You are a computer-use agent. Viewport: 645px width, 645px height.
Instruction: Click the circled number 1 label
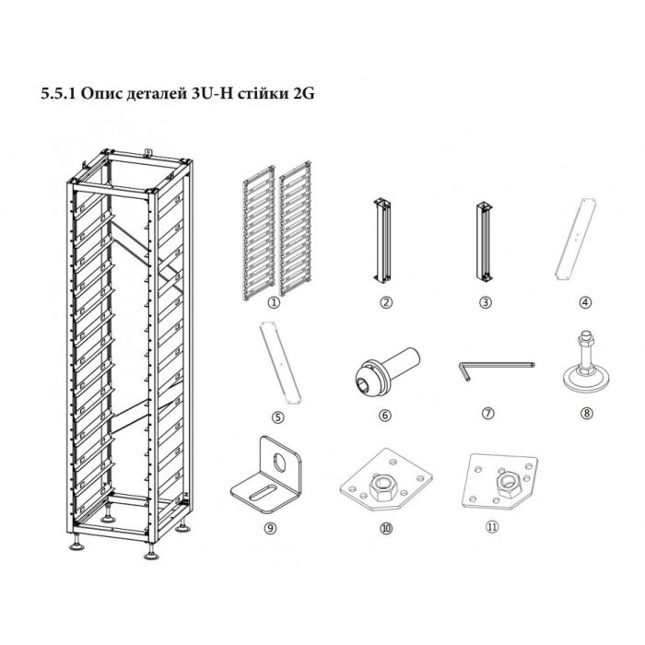[x=274, y=303]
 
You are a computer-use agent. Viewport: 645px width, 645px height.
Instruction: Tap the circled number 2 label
[x=386, y=303]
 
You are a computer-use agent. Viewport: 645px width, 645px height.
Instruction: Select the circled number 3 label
[x=486, y=303]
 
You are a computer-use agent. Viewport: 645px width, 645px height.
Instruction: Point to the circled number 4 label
[x=585, y=303]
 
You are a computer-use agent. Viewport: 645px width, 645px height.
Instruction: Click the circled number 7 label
[x=487, y=413]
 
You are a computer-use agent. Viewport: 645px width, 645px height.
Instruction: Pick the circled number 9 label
[x=269, y=528]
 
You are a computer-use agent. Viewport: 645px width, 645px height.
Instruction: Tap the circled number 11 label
[x=492, y=527]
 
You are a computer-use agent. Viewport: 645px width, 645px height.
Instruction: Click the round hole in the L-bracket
[x=280, y=461]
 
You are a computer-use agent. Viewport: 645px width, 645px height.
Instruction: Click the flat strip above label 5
[x=280, y=362]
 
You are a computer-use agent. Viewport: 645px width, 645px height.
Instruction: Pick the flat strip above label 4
[x=576, y=240]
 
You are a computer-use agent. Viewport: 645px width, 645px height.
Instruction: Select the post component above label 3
[x=485, y=242]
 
